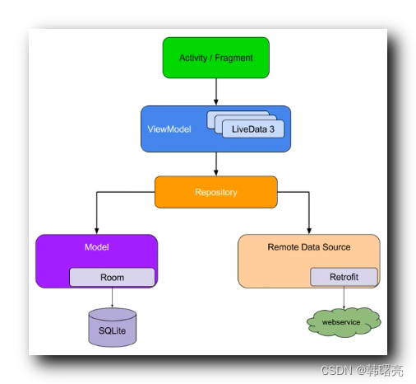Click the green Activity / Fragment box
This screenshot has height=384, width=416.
tap(215, 58)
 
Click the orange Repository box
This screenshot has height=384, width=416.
tap(215, 192)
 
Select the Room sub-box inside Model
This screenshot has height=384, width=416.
tap(112, 278)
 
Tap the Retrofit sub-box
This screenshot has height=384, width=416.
tap(344, 278)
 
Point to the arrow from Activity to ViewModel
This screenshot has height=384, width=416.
tap(215, 91)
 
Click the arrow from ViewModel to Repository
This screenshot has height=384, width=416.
tap(215, 164)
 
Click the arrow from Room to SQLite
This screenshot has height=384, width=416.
tap(112, 297)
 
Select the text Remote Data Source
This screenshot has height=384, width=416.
tap(308, 247)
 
